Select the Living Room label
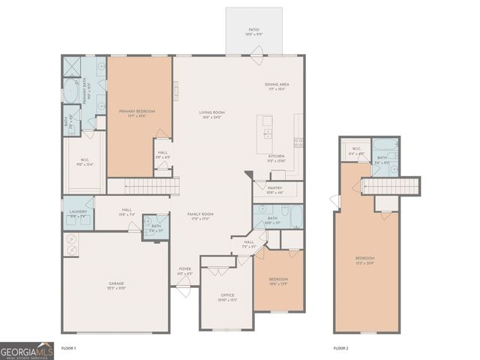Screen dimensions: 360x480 tap(212, 115)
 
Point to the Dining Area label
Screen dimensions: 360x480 tap(277, 87)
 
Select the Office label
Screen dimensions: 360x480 tap(228, 298)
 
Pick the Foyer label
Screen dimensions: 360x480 tap(185, 271)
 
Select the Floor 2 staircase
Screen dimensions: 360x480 tap(393, 185)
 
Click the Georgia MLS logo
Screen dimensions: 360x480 tap(27, 350)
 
